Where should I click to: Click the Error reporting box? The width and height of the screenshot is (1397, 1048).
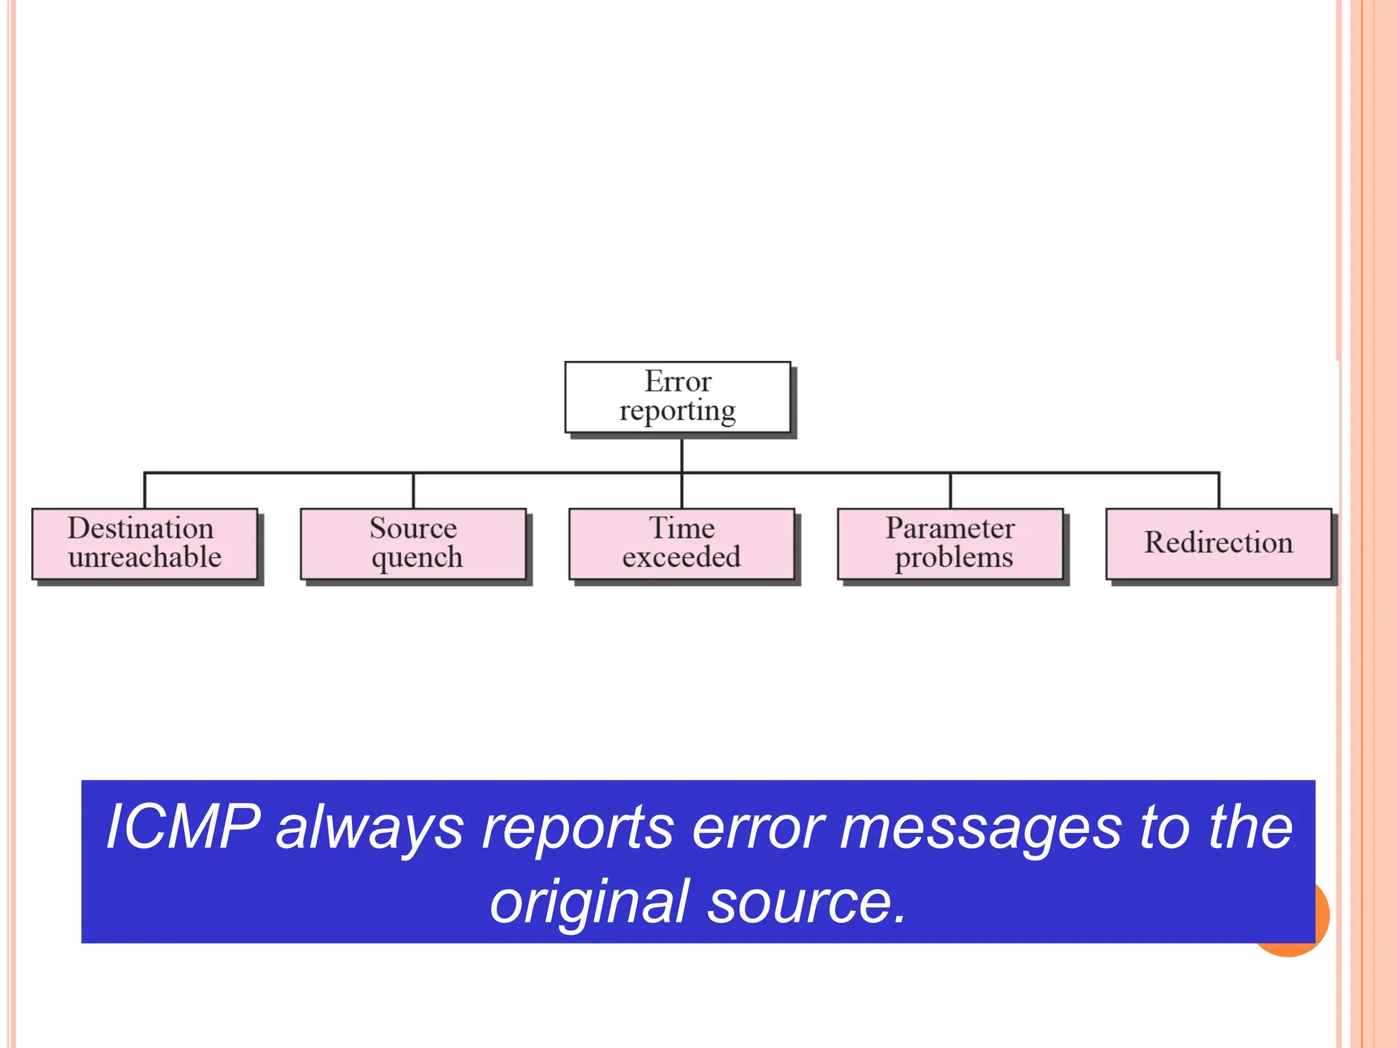click(x=677, y=397)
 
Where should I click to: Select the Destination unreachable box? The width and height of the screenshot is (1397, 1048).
click(x=145, y=544)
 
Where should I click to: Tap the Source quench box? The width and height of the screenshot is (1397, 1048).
click(x=413, y=544)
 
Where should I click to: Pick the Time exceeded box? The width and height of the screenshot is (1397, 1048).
click(x=681, y=544)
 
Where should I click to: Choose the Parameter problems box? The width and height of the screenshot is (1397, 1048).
click(x=950, y=544)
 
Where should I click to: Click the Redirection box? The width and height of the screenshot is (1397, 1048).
click(x=1218, y=544)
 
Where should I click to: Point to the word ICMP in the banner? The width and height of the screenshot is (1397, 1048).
click(x=183, y=827)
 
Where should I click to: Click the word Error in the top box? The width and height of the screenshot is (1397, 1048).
click(x=678, y=381)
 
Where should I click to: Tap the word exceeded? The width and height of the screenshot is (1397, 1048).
click(x=681, y=557)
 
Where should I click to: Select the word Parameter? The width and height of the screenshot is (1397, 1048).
click(x=950, y=528)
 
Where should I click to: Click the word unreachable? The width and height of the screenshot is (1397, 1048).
click(x=145, y=557)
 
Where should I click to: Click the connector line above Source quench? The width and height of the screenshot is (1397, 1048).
click(x=413, y=490)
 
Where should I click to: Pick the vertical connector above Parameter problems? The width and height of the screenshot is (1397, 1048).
click(x=950, y=490)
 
